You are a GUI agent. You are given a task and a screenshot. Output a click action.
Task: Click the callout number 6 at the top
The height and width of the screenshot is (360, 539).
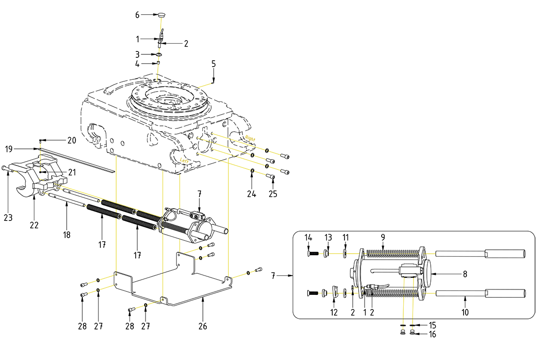click(138, 15)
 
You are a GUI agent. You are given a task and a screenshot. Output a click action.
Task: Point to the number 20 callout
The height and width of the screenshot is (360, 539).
click(72, 140)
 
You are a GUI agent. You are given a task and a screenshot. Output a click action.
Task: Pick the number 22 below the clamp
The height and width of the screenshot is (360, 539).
click(34, 225)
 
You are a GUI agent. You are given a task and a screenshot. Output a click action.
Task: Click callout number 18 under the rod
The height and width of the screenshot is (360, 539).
click(67, 235)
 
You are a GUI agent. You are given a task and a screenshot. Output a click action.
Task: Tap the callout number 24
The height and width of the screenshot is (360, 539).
click(252, 193)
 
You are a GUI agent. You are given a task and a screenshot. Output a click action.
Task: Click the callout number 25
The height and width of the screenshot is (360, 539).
click(273, 193)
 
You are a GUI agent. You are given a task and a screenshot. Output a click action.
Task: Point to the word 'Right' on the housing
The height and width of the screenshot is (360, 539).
click(250, 139)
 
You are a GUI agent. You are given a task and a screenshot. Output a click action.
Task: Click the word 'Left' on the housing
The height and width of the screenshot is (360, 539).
click(184, 160)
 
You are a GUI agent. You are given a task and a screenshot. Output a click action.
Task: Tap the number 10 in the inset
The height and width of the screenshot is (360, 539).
click(465, 312)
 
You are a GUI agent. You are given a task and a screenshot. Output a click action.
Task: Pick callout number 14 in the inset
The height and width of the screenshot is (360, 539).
click(308, 237)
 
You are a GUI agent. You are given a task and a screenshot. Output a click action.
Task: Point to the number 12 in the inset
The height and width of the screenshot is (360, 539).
click(334, 312)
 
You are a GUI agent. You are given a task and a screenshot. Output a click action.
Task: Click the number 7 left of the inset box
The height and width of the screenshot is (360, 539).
click(273, 276)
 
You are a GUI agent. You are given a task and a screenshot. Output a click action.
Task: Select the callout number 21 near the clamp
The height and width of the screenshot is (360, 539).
click(73, 172)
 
